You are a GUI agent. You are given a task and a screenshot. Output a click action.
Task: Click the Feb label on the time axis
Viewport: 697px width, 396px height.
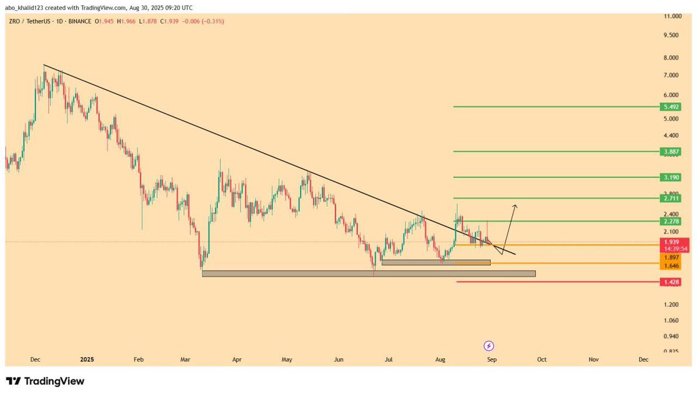click(138, 360)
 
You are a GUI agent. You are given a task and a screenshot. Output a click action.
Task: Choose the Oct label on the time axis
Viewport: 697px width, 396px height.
click(541, 360)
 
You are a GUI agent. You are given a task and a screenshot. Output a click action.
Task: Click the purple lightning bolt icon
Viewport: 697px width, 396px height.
click(488, 346)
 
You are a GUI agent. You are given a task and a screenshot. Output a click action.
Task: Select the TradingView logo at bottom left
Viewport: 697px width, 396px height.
click(45, 381)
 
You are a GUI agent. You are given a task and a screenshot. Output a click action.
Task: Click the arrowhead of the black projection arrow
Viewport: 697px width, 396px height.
click(515, 206)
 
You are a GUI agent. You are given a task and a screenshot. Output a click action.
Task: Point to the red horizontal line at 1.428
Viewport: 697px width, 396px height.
click(552, 282)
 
